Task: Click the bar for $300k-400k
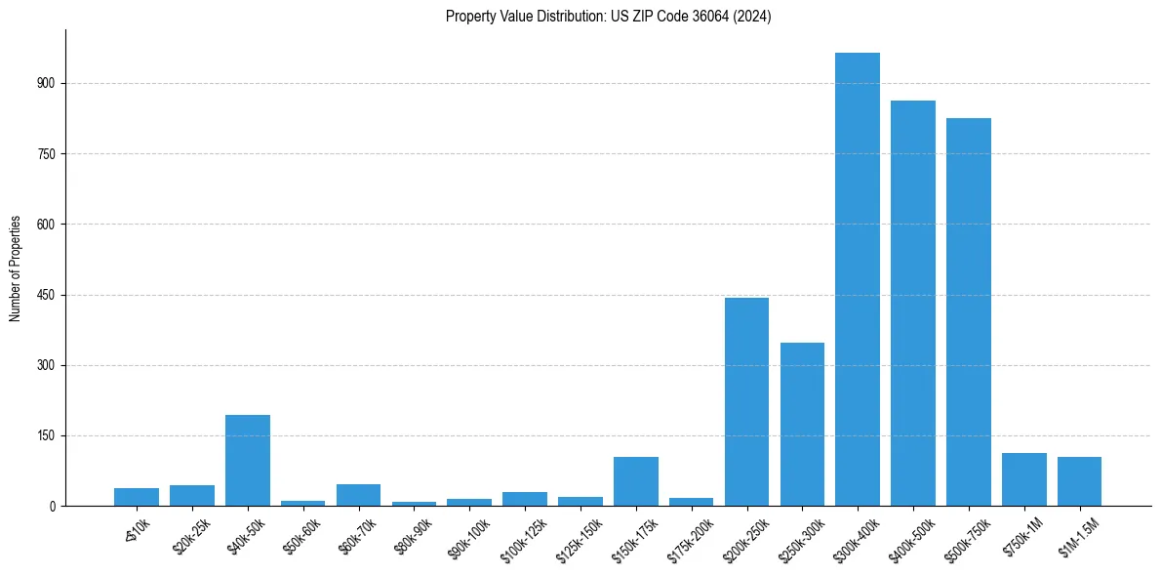pos(858,279)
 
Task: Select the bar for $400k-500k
pos(913,303)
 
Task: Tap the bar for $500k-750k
pos(969,312)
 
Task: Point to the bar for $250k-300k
pos(802,425)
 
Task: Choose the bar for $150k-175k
pos(636,481)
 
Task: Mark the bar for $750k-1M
pos(1024,479)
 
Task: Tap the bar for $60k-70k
pos(358,495)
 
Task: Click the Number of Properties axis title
pos(16,268)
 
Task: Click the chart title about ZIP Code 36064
pos(608,17)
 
